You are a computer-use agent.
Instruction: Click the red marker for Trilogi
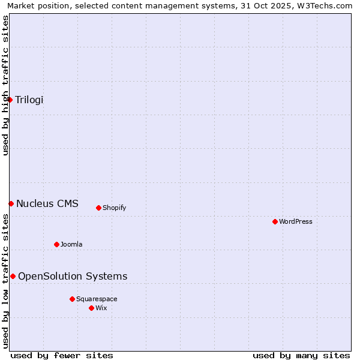tap(10, 100)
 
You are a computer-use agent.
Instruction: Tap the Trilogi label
tap(29, 100)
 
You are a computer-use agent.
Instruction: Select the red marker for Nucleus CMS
tap(11, 203)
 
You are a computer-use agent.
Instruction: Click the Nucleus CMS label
tap(47, 203)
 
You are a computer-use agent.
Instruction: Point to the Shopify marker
tap(98, 208)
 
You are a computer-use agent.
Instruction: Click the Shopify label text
tap(114, 208)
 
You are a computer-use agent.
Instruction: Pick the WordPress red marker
tap(275, 221)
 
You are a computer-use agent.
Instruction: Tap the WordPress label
tap(296, 221)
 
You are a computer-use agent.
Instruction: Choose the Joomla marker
tap(56, 244)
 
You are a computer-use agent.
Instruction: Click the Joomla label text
tap(71, 244)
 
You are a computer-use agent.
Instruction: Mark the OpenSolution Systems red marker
tap(13, 276)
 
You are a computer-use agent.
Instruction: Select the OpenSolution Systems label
tap(73, 276)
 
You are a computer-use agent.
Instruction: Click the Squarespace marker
tap(72, 299)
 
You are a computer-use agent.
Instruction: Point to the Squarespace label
tap(97, 299)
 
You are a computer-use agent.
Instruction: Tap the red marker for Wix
tap(91, 308)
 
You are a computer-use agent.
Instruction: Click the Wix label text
tap(101, 308)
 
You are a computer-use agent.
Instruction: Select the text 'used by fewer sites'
tap(62, 355)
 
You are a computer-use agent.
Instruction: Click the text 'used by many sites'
tap(301, 355)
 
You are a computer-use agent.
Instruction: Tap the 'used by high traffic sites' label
tap(5, 85)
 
